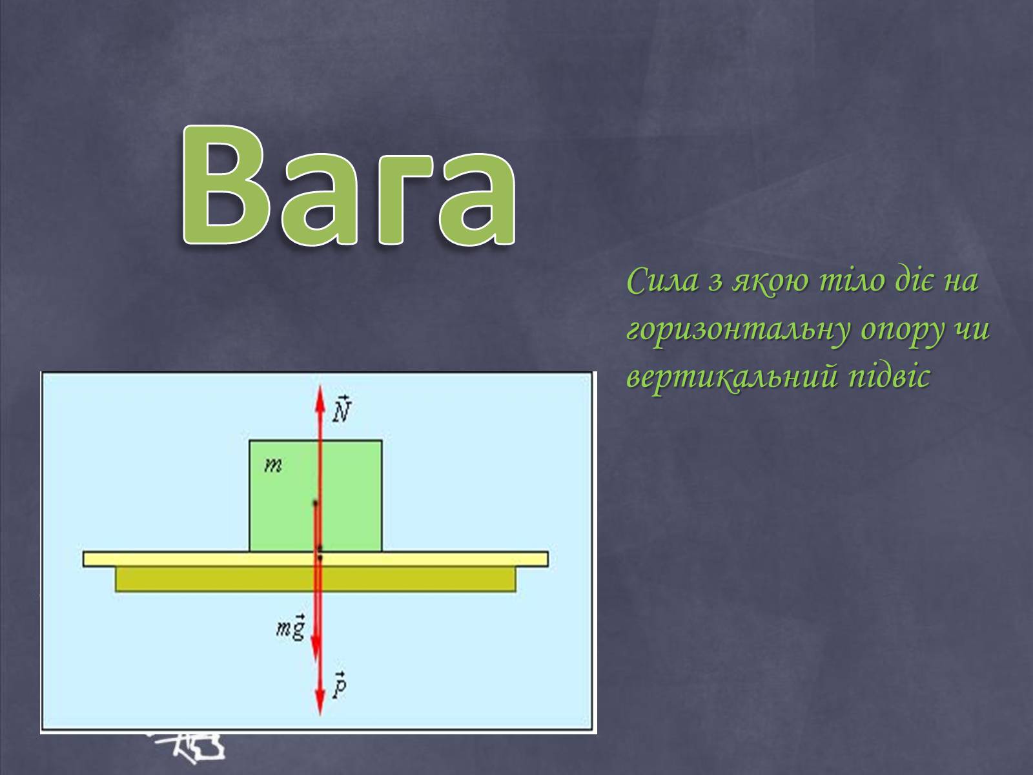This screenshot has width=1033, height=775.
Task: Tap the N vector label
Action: click(x=342, y=409)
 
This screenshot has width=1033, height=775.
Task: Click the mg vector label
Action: click(x=291, y=626)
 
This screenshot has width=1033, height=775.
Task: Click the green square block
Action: click(x=315, y=496)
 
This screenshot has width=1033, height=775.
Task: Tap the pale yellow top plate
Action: click(x=315, y=559)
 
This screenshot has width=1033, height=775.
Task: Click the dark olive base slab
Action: click(x=315, y=579)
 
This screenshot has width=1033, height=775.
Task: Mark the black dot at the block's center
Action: click(x=315, y=504)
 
